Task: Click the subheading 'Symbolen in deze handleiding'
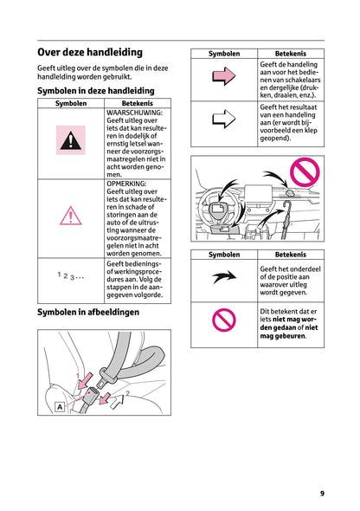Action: pos(95,91)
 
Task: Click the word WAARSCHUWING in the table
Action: pos(135,113)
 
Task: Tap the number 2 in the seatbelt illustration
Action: pos(127,394)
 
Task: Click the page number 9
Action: pos(321,493)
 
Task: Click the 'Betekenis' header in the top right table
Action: pos(290,54)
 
